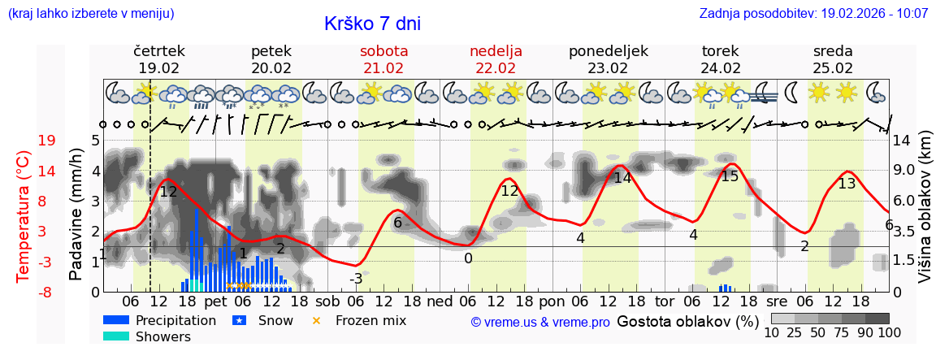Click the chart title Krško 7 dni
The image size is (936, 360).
372,24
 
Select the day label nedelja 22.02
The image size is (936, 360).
496,59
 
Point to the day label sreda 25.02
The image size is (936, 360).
833,59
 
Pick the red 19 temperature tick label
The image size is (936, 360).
46,141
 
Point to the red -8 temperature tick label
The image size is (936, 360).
46,292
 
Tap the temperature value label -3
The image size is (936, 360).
356,279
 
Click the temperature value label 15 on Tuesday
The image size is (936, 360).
730,176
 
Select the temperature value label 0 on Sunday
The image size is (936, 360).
468,258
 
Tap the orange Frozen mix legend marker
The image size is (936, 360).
317,320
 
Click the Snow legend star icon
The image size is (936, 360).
239,320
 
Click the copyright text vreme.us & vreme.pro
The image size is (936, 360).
540,322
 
